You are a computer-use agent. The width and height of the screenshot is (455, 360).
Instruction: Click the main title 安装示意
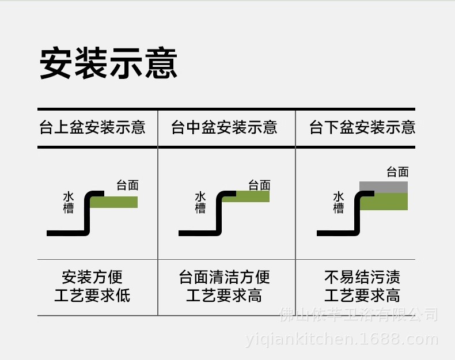pos(108,63)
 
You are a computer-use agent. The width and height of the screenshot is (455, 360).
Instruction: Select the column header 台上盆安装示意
pos(92,127)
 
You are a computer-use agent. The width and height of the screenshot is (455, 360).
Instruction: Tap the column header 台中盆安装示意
pos(224,127)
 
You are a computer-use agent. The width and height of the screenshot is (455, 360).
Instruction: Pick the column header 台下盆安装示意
pos(362,127)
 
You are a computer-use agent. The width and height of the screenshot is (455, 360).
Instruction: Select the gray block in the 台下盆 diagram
pos(384,187)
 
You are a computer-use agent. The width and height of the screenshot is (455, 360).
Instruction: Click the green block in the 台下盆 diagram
pos(384,202)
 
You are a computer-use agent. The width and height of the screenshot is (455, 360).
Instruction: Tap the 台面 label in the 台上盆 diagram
pos(127,185)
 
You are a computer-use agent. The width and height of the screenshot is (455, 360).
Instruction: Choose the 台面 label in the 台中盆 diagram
pos(259,185)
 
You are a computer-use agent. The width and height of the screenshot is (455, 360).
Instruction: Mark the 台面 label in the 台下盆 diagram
pos(397,172)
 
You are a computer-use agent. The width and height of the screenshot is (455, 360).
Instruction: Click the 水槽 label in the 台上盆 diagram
pos(69,202)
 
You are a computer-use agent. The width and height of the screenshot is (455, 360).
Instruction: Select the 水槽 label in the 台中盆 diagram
pos(200,202)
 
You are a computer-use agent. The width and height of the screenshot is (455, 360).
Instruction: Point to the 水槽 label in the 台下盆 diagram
pos(339,202)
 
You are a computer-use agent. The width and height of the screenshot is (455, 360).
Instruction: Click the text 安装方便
pos(92,277)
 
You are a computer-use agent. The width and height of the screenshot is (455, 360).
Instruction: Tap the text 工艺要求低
pos(92,295)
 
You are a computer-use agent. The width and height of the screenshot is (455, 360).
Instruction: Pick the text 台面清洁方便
pos(224,277)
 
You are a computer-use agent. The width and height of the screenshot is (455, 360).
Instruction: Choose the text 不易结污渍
pos(362,277)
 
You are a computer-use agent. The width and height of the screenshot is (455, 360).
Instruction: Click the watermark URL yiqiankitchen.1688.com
pos(342,339)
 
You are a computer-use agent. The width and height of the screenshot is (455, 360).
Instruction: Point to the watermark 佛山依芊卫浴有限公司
pos(358,314)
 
